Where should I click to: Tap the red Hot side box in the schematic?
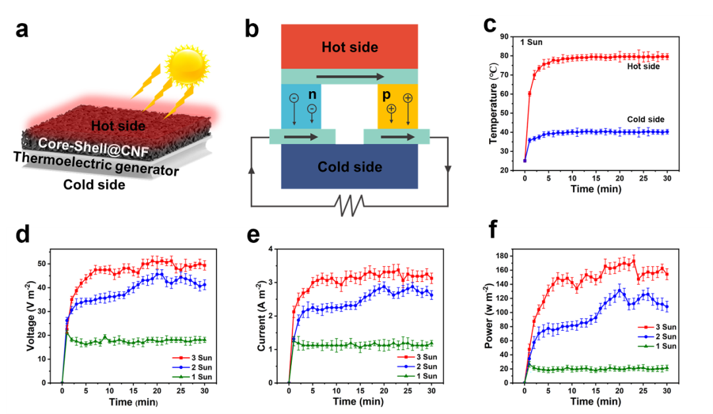[x=350, y=47]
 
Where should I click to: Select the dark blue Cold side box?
[x=350, y=167]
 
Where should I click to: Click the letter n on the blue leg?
[x=313, y=94]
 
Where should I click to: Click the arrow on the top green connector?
[x=350, y=77]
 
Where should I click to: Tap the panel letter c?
[x=490, y=24]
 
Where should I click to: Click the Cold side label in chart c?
[x=646, y=119]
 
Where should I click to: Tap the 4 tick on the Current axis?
[x=281, y=249]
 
